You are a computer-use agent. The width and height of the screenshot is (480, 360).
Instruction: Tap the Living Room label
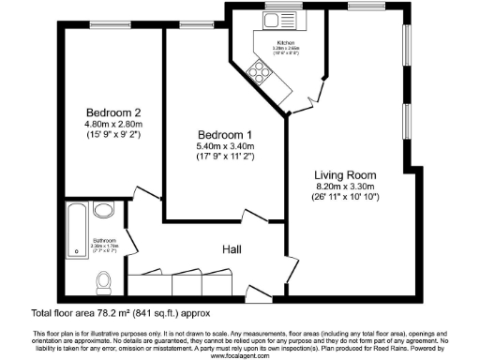[x=345, y=174]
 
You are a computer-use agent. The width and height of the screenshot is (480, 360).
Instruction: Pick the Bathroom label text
[x=103, y=240]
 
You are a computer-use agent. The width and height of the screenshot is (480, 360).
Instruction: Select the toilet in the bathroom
[x=107, y=279]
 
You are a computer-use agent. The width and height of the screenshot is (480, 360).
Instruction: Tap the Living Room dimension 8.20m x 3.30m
[x=345, y=187]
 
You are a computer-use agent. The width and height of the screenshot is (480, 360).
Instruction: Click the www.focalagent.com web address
[x=240, y=355]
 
